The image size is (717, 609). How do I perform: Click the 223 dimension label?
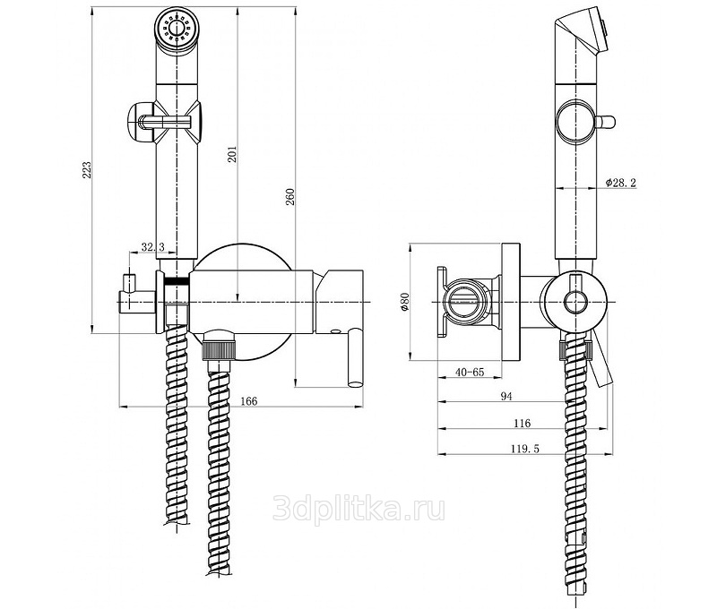pyautogui.click(x=87, y=170)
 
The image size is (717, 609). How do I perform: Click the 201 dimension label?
pyautogui.click(x=232, y=155)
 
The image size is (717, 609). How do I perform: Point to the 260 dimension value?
pyautogui.click(x=290, y=197)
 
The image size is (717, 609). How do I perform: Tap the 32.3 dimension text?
pyautogui.click(x=152, y=247)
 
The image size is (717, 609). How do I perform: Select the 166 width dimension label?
pyautogui.click(x=249, y=401)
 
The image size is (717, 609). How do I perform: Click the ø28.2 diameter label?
pyautogui.click(x=621, y=183)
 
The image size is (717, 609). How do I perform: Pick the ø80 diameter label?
pyautogui.click(x=404, y=302)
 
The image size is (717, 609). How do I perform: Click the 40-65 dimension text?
pyautogui.click(x=469, y=372)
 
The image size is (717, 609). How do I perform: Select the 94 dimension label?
pyautogui.click(x=506, y=397)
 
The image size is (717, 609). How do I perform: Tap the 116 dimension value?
pyautogui.click(x=522, y=424)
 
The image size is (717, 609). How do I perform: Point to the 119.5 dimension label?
pyautogui.click(x=525, y=449)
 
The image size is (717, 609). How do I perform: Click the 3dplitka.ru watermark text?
pyautogui.click(x=358, y=510)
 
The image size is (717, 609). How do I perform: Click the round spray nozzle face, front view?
pyautogui.click(x=176, y=29)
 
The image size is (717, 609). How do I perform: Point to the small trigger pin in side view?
pyautogui.click(x=604, y=122)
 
